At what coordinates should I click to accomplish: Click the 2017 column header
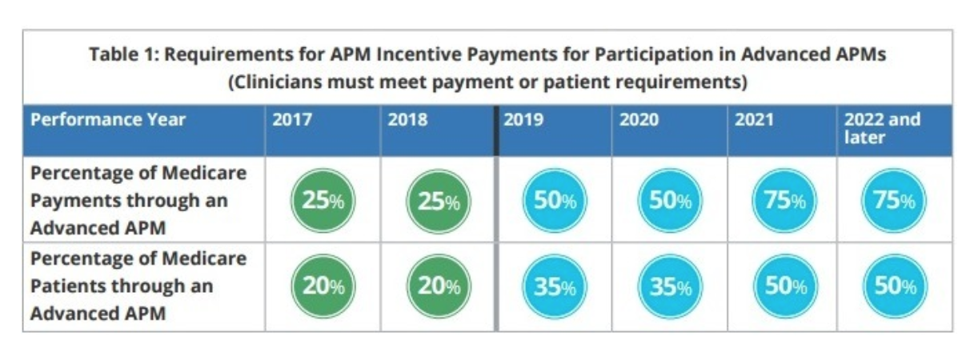pos(292,119)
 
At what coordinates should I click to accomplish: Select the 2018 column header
pos(407,119)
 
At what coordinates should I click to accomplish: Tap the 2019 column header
pos(523,119)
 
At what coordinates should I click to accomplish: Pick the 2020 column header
pos(639,119)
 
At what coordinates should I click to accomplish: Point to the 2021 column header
pos(754,119)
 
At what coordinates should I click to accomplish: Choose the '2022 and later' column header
pos(883,128)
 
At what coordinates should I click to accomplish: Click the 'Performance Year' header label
pos(108,119)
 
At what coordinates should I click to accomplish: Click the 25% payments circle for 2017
pos(323,201)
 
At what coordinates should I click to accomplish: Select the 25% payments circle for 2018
pos(439,201)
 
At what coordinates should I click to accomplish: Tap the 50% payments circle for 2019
pos(555,201)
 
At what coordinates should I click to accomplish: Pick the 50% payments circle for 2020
pos(670,201)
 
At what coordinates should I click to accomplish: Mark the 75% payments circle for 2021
pos(784,201)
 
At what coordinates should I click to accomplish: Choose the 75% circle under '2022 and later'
pos(894,201)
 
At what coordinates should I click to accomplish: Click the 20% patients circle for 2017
pos(323,286)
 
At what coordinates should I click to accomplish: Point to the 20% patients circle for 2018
pos(439,286)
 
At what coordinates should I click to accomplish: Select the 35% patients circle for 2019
pos(555,286)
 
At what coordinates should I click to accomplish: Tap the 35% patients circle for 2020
pos(670,286)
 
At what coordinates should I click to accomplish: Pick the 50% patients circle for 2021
pos(786,286)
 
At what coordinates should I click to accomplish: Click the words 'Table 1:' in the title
pos(124,54)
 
